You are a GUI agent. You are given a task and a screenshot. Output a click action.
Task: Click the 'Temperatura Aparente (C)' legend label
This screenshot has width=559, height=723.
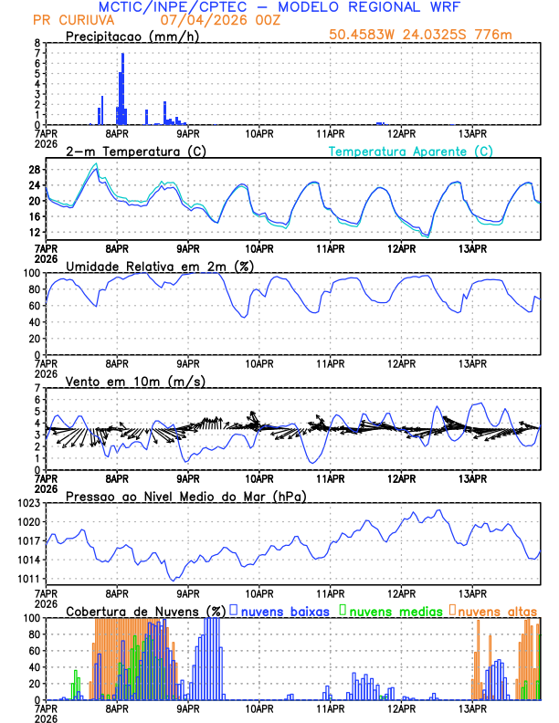(x=410, y=151)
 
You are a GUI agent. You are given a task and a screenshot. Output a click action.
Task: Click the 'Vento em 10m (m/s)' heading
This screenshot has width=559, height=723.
(x=135, y=381)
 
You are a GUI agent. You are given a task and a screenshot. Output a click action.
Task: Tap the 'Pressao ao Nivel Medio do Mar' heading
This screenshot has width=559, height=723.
(x=185, y=496)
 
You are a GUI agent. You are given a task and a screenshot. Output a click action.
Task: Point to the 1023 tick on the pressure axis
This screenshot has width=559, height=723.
(x=27, y=503)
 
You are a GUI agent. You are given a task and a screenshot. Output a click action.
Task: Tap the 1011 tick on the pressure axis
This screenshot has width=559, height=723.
(x=27, y=579)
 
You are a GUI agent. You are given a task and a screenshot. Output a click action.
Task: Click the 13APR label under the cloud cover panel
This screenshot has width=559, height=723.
(x=472, y=709)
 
